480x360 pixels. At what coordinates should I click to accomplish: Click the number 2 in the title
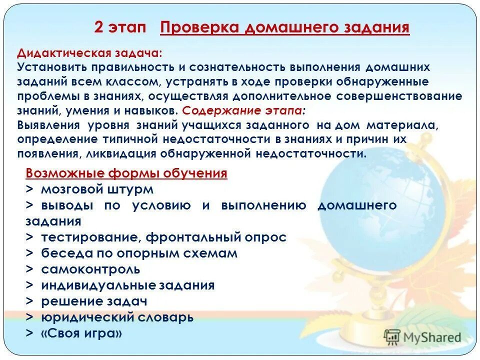[x=99, y=27]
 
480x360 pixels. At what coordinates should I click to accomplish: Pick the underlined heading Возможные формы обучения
[x=126, y=173]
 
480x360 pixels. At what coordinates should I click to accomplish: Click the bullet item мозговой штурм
[x=97, y=189]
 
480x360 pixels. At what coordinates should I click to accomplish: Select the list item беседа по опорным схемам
[x=139, y=253]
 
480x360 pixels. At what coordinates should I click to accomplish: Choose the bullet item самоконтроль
[x=90, y=269]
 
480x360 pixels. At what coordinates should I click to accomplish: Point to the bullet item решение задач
[x=94, y=301]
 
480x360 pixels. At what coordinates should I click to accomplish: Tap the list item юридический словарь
[x=117, y=317]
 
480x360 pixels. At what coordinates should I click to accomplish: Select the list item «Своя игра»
[x=81, y=333]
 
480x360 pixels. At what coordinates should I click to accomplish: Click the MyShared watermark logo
[x=422, y=336]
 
